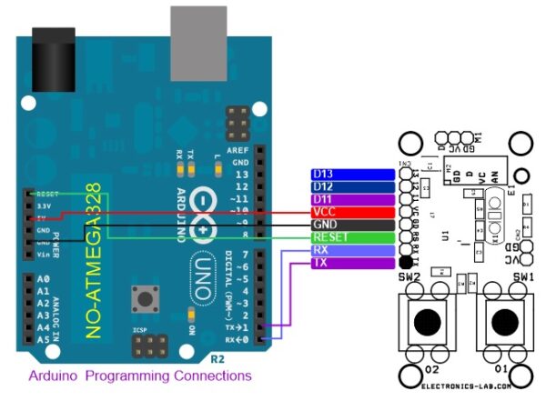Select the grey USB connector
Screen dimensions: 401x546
pyautogui.click(x=197, y=33)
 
